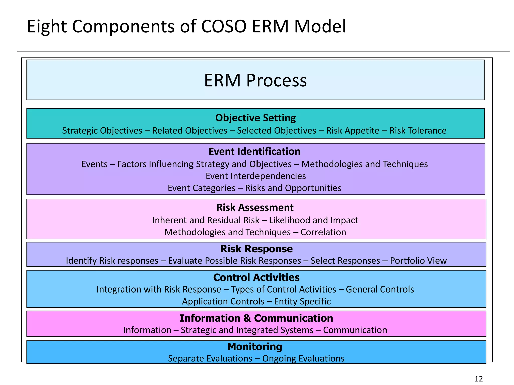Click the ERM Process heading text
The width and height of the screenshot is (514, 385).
[x=255, y=81]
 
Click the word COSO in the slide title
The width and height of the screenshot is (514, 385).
[x=224, y=27]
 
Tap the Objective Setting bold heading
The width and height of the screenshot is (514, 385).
[x=255, y=118]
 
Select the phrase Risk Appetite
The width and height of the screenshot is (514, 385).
[x=352, y=131]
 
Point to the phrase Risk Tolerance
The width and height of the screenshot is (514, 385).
[x=418, y=131]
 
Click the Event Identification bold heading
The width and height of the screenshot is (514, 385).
[x=254, y=152]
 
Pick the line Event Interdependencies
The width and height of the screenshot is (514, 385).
[x=255, y=176]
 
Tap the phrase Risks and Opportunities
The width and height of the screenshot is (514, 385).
[x=293, y=188]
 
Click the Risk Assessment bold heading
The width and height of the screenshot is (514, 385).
[x=255, y=208]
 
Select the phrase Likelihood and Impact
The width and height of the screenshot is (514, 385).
[x=313, y=220]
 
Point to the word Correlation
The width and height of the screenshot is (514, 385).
[x=323, y=232]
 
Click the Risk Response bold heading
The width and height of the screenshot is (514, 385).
[x=256, y=249]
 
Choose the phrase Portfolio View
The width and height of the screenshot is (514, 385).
[x=418, y=261]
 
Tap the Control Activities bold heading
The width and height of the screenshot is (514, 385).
[x=256, y=277]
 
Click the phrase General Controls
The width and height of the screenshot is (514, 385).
[x=379, y=290]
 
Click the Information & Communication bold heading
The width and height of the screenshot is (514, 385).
[x=256, y=318]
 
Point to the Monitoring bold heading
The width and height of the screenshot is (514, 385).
[x=254, y=347]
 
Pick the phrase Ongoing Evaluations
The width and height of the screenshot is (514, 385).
[x=303, y=359]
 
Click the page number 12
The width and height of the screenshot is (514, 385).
[x=479, y=379]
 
